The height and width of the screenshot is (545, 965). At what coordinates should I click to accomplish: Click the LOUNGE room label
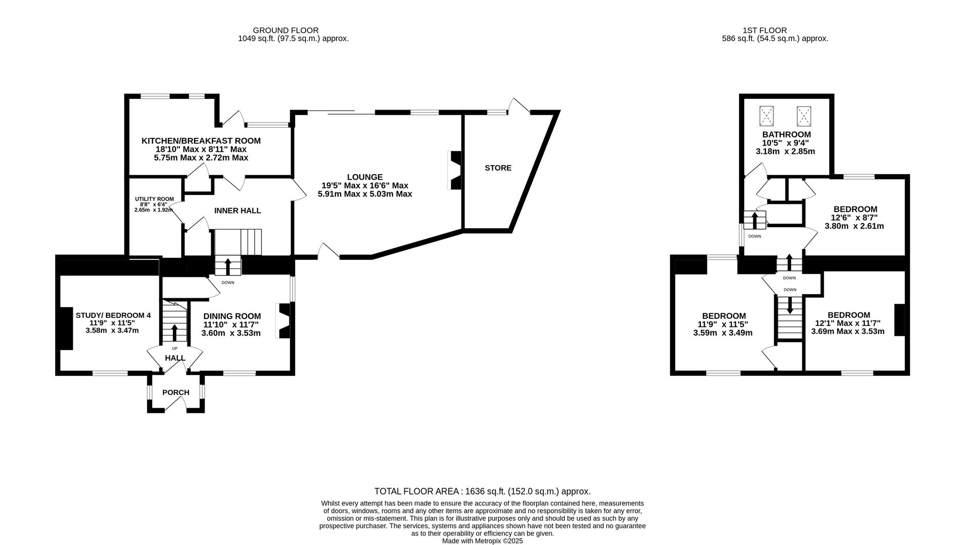point(365,177)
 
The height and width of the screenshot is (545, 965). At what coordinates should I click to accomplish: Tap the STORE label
point(498,168)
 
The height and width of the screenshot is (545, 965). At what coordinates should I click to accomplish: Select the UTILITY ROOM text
point(154,199)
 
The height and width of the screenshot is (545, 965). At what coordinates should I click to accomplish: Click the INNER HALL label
point(237,210)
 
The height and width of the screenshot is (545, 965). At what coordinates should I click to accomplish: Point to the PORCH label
point(176,393)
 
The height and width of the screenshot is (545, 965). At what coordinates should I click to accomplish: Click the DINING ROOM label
point(232,316)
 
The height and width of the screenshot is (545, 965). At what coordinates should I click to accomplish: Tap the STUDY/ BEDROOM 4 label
point(113,315)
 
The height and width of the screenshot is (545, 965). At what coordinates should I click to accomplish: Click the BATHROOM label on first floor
point(786,135)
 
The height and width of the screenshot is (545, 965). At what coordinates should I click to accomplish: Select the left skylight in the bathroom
point(766,116)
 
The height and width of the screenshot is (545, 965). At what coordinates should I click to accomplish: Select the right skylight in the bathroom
point(803,116)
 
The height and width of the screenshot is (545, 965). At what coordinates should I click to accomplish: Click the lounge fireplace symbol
point(454,170)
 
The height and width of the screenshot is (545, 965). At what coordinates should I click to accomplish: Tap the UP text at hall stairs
point(175,348)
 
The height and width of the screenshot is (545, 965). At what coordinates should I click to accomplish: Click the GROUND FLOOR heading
point(285,30)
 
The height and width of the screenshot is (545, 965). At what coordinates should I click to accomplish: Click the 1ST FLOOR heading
point(764,30)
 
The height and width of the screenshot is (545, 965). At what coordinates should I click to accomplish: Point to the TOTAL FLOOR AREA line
point(482,491)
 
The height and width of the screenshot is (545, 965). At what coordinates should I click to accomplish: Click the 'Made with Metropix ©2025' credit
point(482,541)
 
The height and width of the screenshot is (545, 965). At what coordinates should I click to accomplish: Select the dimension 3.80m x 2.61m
point(854,226)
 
